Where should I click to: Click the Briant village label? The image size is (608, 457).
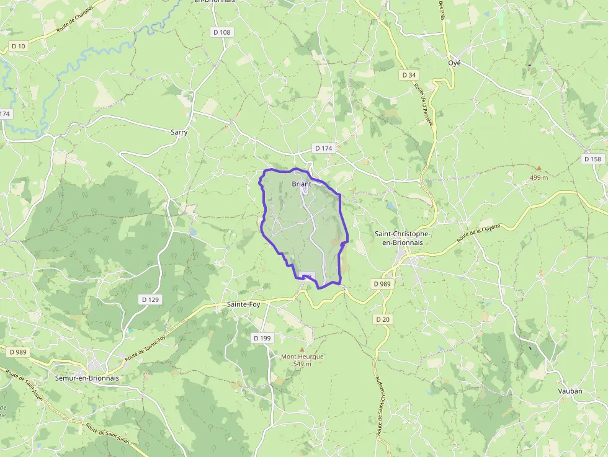tap(301, 184)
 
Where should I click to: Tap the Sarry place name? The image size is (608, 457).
tap(179, 132)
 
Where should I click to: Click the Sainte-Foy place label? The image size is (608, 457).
tap(243, 304)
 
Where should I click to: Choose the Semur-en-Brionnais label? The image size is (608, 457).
tap(86, 378)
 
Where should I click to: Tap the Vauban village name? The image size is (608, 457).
tap(570, 391)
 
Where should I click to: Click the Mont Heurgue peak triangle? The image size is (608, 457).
tap(302, 349)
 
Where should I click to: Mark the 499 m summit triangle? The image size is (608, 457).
tap(539, 168)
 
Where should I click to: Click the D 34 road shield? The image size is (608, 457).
tap(408, 75)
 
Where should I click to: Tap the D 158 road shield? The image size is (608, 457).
tap(592, 159)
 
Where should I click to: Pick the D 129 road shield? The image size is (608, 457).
tap(150, 299)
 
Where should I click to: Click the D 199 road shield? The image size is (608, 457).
tap(262, 338)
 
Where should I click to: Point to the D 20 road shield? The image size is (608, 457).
tap(383, 319)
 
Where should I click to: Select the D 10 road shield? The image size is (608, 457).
tap(19, 47)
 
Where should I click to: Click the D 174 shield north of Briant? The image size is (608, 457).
tap(324, 148)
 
